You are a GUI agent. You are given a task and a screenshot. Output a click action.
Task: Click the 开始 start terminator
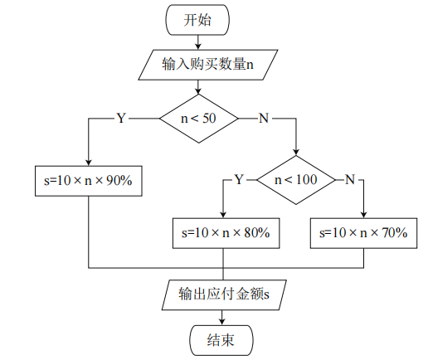pyautogui.click(x=197, y=21)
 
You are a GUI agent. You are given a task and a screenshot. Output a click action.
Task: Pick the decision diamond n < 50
pyautogui.click(x=198, y=119)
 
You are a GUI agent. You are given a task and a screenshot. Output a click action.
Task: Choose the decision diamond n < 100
pyautogui.click(x=295, y=178)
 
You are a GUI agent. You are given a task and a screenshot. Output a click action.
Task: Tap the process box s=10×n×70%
pyautogui.click(x=363, y=233)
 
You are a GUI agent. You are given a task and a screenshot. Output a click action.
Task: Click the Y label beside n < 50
pyautogui.click(x=121, y=119)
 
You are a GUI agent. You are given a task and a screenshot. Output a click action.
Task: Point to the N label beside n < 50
pyautogui.click(x=264, y=119)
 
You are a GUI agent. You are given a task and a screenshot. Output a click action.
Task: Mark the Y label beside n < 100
pyautogui.click(x=239, y=178)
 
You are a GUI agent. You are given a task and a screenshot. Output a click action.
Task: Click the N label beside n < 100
pyautogui.click(x=350, y=178)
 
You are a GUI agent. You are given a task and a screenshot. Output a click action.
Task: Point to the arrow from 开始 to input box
pyautogui.click(x=197, y=42)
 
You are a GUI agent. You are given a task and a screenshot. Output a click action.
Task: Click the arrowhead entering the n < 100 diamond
pyautogui.click(x=295, y=151)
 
